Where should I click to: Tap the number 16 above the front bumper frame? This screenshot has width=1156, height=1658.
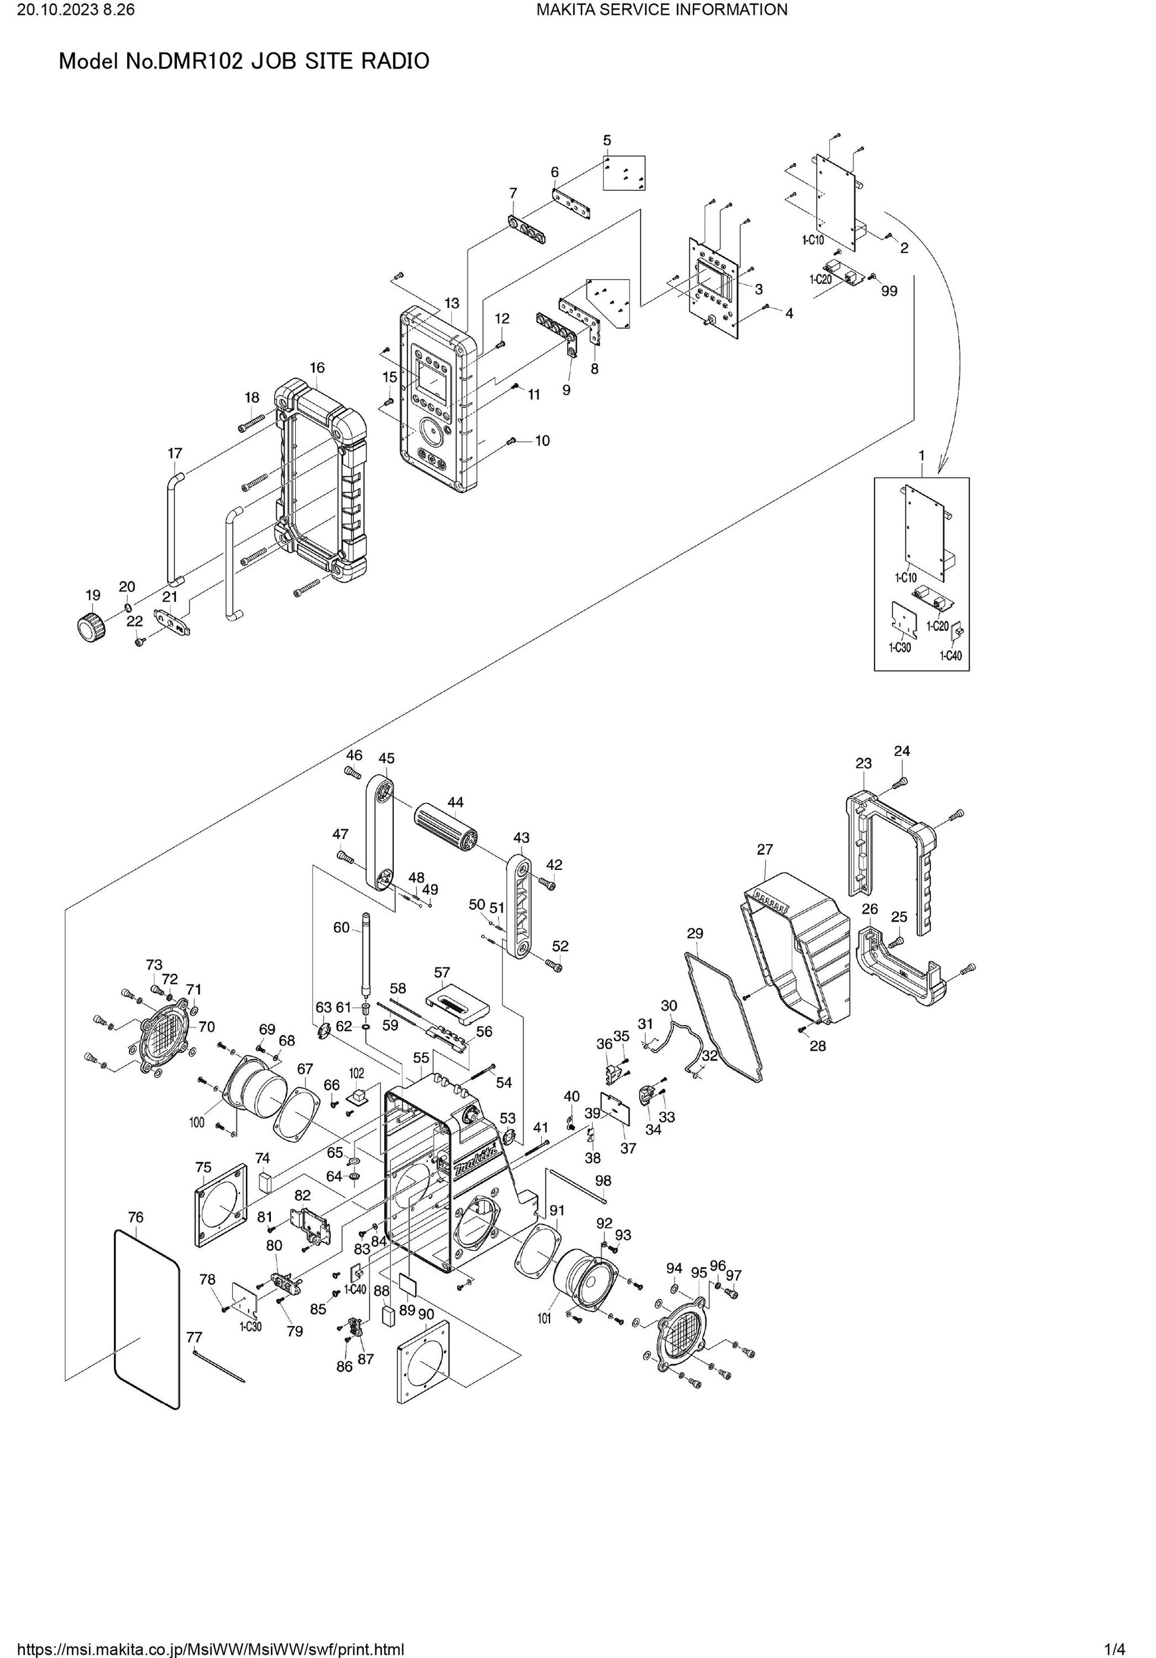click(317, 368)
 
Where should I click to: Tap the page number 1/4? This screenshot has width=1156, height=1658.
click(1115, 1648)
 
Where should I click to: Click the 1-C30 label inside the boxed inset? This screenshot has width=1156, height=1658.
click(899, 648)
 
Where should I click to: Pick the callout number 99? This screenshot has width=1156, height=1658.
click(889, 290)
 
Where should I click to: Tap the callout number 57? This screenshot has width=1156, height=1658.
click(441, 973)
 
